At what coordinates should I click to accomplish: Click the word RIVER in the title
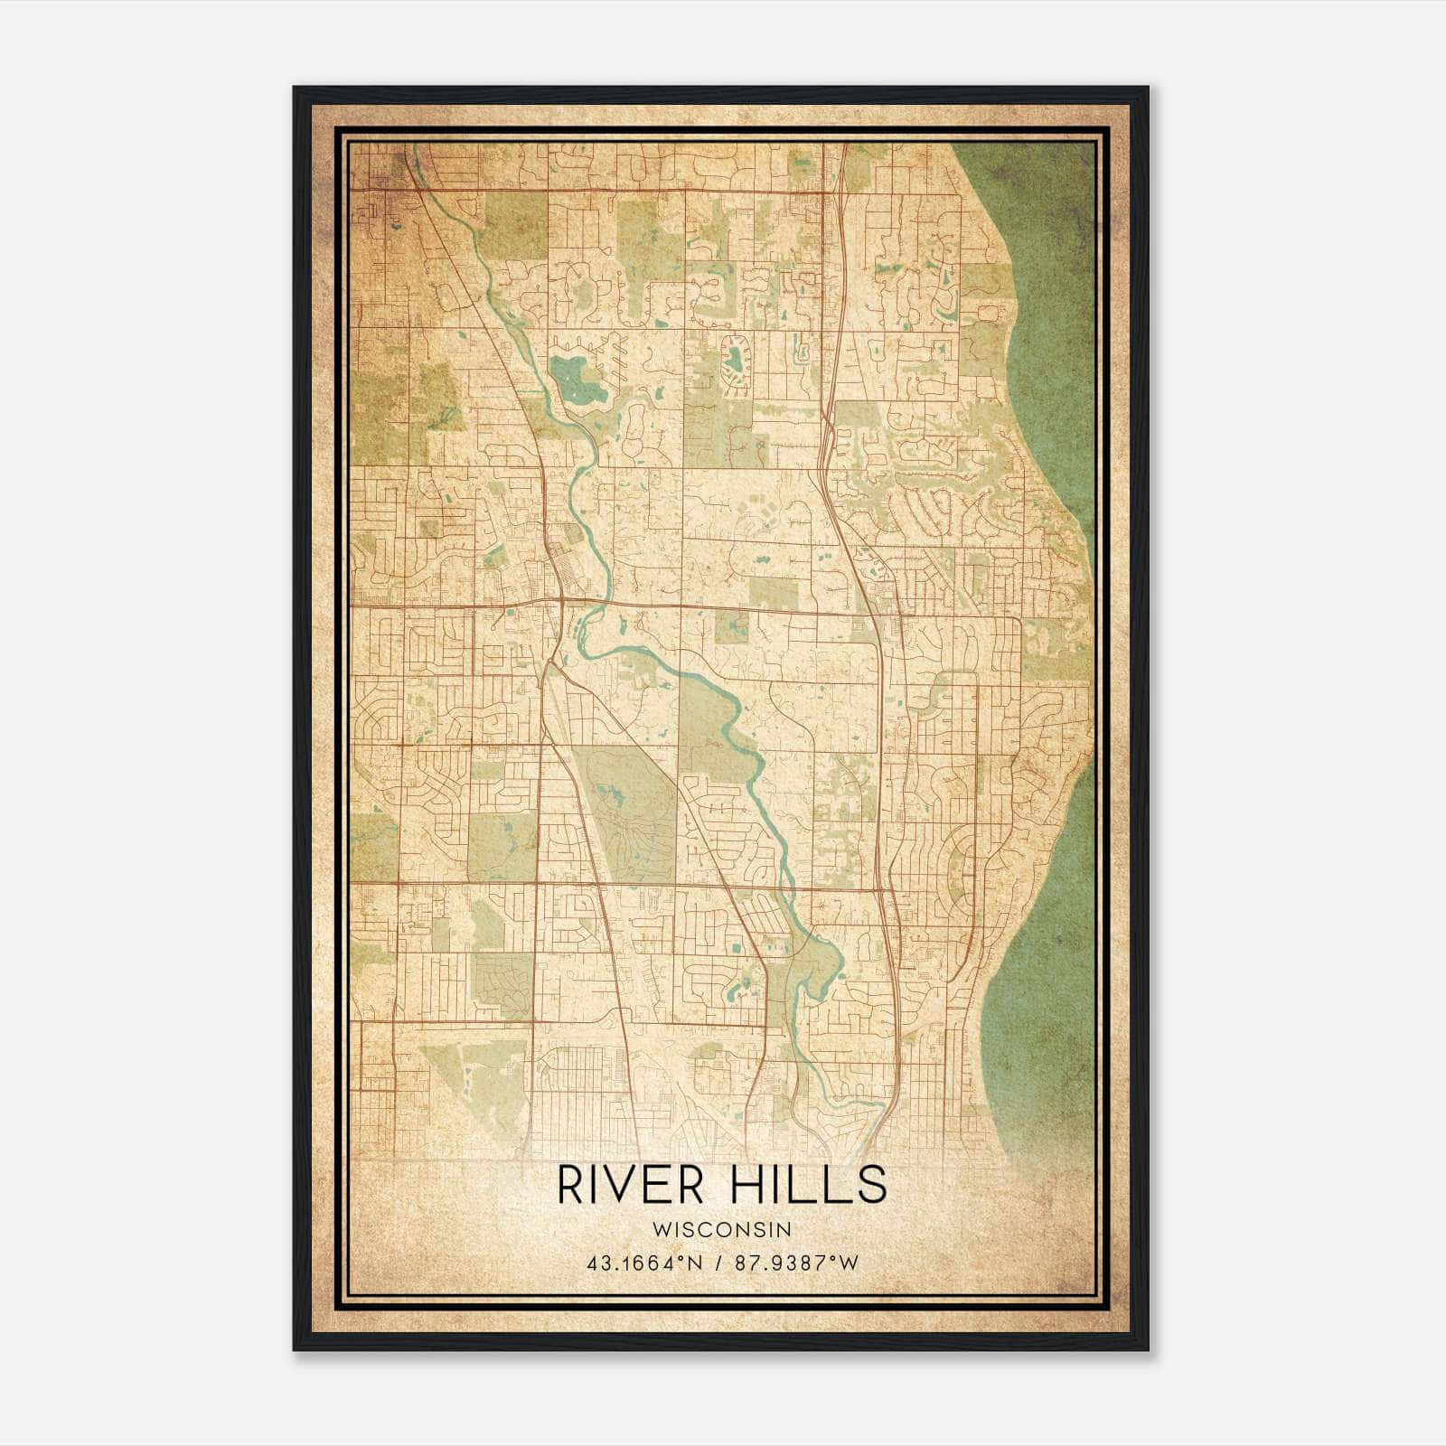tap(630, 1185)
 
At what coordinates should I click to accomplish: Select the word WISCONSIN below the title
tap(721, 1229)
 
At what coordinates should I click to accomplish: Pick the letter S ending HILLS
tap(872, 1185)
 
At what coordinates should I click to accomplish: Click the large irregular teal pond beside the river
tap(578, 380)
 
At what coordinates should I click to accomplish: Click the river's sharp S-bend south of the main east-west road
tap(587, 633)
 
